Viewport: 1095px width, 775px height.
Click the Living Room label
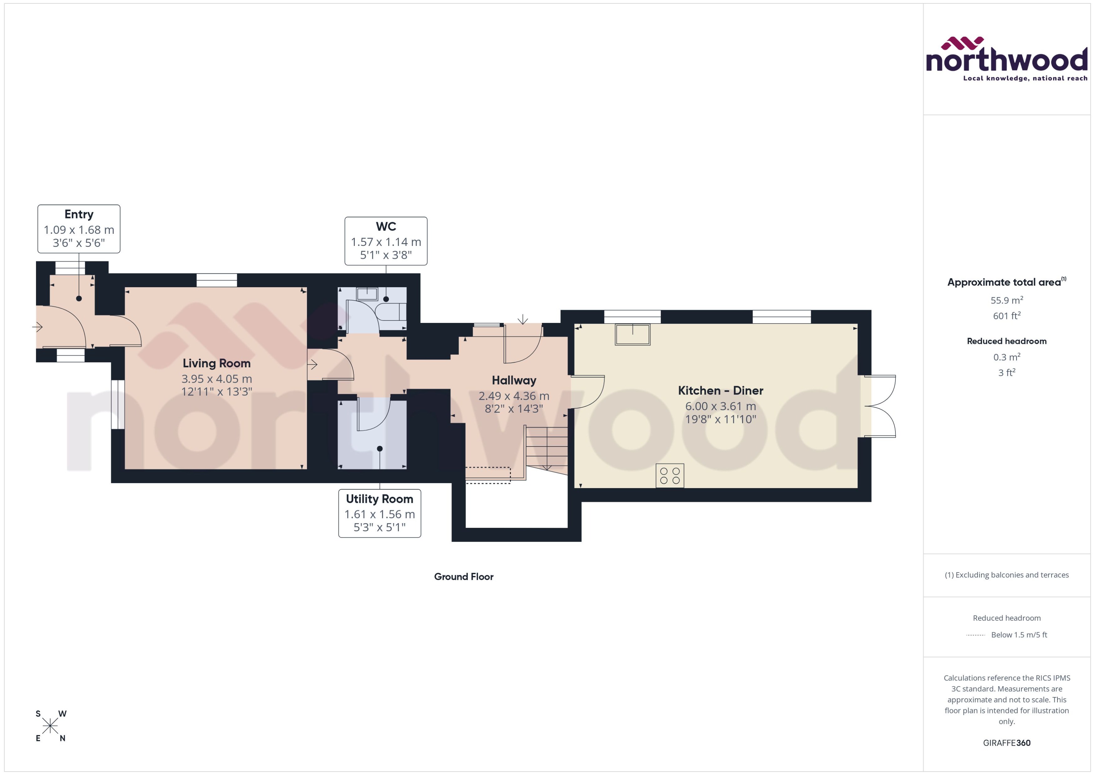point(216,363)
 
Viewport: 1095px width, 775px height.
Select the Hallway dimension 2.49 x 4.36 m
point(513,395)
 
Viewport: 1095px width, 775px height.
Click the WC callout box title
point(385,226)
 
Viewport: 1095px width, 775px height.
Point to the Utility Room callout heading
point(379,499)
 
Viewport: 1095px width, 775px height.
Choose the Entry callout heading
point(79,214)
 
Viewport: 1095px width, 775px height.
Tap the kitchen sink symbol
point(632,334)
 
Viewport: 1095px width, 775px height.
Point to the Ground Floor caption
point(463,576)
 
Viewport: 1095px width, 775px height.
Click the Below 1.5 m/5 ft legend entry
point(1019,635)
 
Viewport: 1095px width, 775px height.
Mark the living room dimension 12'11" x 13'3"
point(216,392)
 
